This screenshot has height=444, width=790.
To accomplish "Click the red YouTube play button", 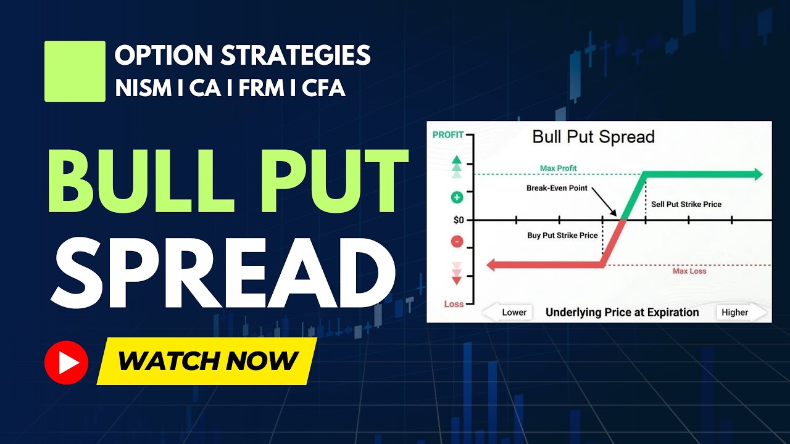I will [67, 362].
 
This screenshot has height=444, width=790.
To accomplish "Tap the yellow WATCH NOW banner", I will [207, 361].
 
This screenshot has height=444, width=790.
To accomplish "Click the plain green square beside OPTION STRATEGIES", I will [75, 71].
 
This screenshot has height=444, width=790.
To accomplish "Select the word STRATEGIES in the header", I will [296, 56].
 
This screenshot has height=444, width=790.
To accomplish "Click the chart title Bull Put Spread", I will [593, 136].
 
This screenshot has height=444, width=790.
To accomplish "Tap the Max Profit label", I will [558, 168].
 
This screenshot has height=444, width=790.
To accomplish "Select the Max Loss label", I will [689, 271].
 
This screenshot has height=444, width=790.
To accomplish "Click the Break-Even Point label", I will [557, 188].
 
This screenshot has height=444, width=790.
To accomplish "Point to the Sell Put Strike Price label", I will [686, 204].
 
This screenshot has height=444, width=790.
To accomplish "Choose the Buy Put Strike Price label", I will [562, 235].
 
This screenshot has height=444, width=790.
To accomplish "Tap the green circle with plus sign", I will [457, 197].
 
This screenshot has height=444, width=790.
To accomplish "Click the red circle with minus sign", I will [457, 242].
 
